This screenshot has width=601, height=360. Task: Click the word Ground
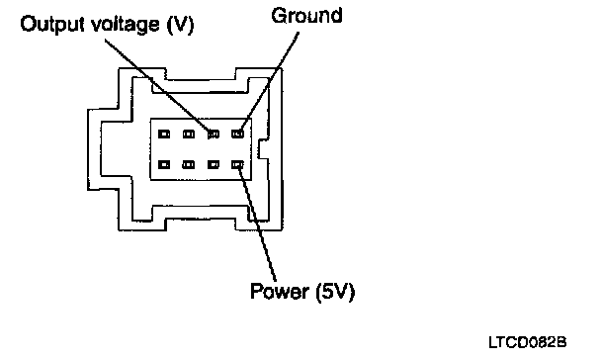point(306,16)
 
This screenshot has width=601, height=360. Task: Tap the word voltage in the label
point(125,26)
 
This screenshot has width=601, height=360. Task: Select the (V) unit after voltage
point(181,26)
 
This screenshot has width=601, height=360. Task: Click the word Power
point(280,291)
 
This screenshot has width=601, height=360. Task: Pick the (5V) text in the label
point(335,292)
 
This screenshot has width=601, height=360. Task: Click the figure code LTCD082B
point(528,342)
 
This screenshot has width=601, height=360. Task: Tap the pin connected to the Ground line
point(237,134)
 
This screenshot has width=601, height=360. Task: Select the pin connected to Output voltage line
point(214,134)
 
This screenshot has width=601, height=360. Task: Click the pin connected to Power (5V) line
point(237,164)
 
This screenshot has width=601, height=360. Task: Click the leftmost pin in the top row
point(164,134)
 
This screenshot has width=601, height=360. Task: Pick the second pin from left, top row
point(189,134)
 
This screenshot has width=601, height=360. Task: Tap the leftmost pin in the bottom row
point(164,164)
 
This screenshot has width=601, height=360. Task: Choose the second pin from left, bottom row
point(189,164)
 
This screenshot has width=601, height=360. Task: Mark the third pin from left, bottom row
point(214,164)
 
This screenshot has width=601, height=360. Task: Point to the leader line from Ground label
point(271,81)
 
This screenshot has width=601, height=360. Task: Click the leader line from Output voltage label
point(158,85)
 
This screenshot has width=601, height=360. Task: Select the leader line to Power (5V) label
point(257,223)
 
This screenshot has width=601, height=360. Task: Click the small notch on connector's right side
point(263,149)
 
